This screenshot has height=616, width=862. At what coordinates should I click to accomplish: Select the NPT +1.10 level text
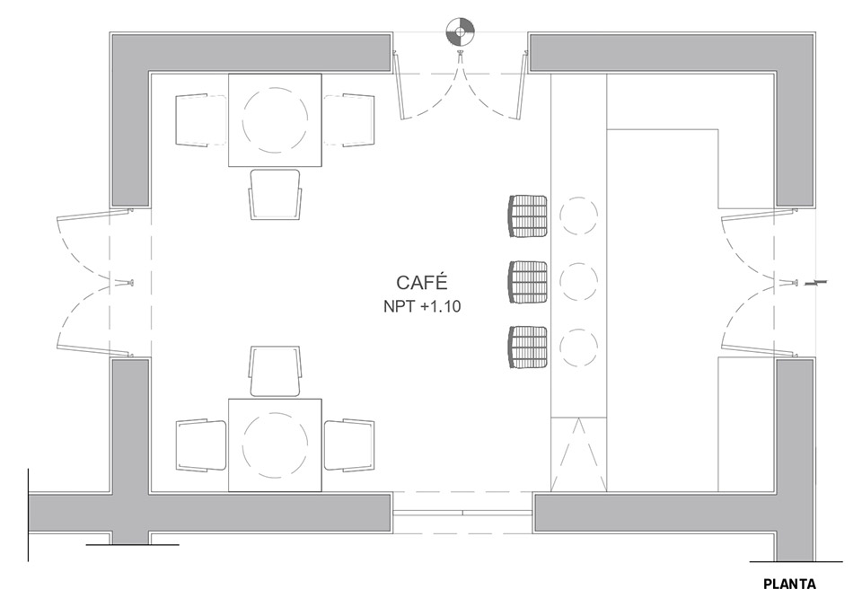coord(422,306)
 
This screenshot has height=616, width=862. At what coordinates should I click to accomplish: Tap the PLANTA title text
coord(789,584)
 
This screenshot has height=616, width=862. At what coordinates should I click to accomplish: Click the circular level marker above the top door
coord(460,31)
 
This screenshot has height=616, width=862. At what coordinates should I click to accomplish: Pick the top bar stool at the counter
coord(528,216)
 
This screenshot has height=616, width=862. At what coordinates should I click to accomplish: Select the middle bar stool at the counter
coord(528,282)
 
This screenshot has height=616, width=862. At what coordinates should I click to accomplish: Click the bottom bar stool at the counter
coord(528,347)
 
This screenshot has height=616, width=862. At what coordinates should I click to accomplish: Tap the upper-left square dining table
coord(275,120)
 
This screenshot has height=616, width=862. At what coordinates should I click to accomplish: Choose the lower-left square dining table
coord(275,445)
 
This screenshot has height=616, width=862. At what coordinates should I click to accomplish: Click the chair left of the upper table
coord(200,120)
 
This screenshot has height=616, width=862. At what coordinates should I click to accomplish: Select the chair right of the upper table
coord(349,120)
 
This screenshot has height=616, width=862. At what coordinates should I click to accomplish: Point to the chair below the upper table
coord(275,195)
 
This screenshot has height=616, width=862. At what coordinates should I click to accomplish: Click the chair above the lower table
coord(275,371)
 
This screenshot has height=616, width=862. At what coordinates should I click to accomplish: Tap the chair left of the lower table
coord(200,445)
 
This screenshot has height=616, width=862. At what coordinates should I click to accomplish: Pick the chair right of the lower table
coord(349,445)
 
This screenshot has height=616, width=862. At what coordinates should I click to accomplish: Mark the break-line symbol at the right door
coord(813,283)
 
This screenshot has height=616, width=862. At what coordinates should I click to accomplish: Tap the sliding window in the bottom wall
coord(462,513)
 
